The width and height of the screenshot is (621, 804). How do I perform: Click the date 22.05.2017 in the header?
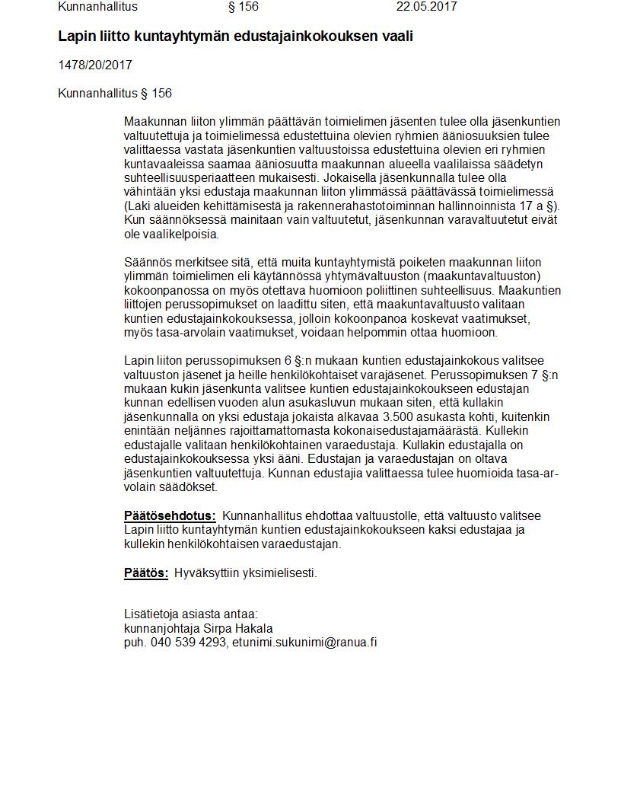[426, 7]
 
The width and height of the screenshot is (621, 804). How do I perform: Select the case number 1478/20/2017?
[95, 65]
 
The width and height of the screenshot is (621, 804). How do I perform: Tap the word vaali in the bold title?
[396, 36]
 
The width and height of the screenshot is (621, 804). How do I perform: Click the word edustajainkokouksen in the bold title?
[309, 36]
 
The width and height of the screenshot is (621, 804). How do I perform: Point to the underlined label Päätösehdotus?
[170, 516]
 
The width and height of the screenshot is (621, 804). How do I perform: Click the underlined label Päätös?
[146, 573]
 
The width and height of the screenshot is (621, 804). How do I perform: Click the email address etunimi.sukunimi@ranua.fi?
[304, 643]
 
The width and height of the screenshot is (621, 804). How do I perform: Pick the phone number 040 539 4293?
[189, 643]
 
